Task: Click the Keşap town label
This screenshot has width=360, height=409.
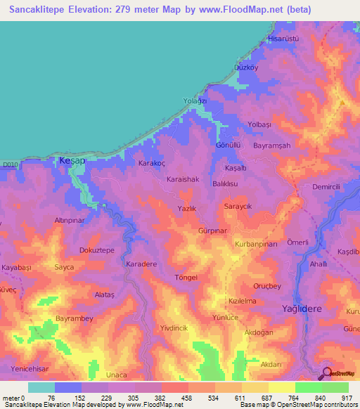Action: (72, 161)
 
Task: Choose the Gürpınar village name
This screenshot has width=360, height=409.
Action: (214, 231)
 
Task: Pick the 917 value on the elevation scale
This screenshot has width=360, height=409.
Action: (347, 398)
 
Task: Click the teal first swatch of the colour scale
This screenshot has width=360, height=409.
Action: (41, 387)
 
